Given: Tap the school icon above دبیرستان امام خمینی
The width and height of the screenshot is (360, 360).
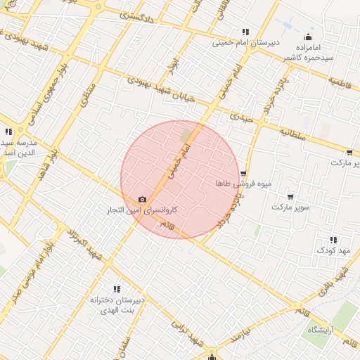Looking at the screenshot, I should pos(245,32).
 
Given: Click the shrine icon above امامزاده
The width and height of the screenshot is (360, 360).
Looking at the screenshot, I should pos(308,37).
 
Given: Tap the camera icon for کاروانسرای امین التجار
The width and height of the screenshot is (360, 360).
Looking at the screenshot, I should pos(143,200).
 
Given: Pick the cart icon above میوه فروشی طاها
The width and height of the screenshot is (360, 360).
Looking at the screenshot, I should pos(243,174).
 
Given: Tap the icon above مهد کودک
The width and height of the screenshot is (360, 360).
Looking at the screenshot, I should pos(333,240).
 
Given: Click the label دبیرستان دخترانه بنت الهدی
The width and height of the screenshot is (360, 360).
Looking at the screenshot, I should pos(117,304).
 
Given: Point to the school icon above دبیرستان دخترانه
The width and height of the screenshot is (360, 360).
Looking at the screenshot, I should pos(117,289).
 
